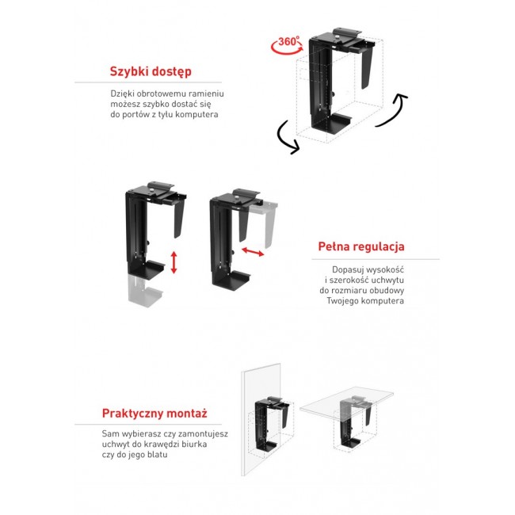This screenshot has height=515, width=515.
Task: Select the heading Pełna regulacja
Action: tap(362, 247)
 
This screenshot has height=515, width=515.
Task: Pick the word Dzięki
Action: tap(124, 93)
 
